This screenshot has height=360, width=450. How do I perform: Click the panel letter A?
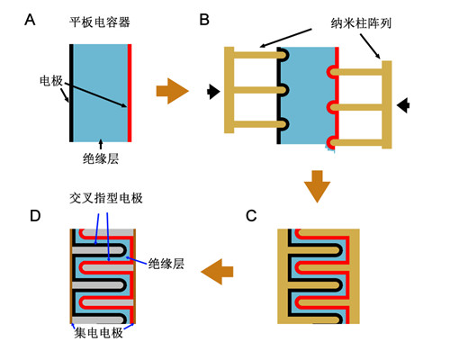[x=30, y=20]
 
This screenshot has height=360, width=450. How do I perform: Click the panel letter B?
[x=204, y=20]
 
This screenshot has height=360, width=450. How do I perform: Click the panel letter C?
[x=251, y=216]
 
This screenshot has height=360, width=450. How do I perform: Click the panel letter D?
[x=35, y=215]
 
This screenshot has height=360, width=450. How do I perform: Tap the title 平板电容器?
[x=100, y=22]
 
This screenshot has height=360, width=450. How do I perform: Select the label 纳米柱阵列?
[x=361, y=23]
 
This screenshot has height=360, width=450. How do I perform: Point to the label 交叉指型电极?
[x=106, y=198]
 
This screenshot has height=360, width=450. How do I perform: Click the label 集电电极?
[x=99, y=333]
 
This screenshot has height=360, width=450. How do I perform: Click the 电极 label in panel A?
[x=51, y=81]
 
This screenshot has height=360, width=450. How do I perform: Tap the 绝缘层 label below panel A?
[x=101, y=158]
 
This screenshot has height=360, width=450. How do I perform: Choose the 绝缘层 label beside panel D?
[x=166, y=264]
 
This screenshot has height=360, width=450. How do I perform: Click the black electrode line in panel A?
[x=71, y=93]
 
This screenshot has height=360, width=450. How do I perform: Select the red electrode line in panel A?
[x=130, y=93]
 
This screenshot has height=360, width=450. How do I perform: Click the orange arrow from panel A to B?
[x=173, y=91]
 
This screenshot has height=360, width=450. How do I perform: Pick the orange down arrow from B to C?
[x=317, y=186]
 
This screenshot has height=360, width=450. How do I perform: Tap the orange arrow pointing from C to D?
[x=217, y=272]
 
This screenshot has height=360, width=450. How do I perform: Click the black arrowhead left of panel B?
[x=213, y=92]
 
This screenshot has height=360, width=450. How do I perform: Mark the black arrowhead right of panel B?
[x=403, y=105]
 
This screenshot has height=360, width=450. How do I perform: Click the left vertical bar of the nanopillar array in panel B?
[x=229, y=90]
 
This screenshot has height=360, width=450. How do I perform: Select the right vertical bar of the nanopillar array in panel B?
[x=387, y=104]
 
